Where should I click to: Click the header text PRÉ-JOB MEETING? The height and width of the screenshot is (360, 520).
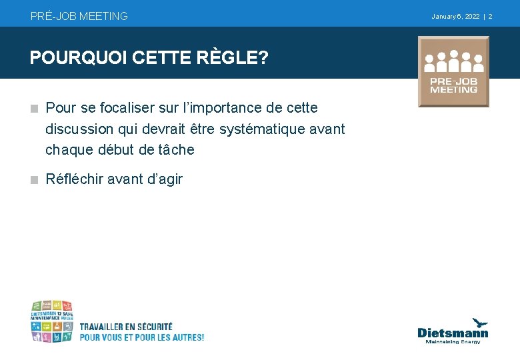pos(79,16)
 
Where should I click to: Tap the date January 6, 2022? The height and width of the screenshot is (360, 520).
pos(455,16)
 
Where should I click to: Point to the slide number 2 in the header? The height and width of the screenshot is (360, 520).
pos(490,16)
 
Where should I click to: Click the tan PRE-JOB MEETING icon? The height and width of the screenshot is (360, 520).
pos(453,72)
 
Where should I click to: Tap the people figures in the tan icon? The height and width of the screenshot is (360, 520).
pos(453,62)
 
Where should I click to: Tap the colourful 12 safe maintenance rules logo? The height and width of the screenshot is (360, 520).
pos(51,321)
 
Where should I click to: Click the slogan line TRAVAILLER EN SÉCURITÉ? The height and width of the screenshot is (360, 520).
pos(126,327)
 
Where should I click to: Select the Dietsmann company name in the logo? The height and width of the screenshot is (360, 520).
pos(453,333)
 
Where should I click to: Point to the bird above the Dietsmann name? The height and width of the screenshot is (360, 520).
pos(480,323)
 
